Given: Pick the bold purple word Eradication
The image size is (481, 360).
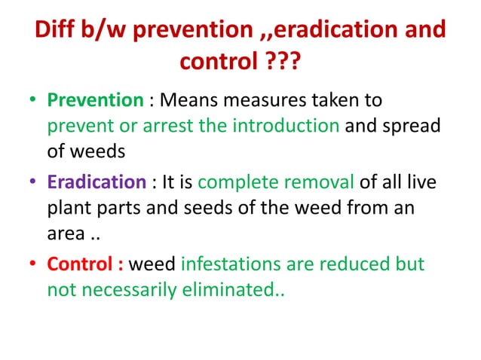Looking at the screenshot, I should coord(97,182).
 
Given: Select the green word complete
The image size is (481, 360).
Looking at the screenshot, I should coord(235,182).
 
